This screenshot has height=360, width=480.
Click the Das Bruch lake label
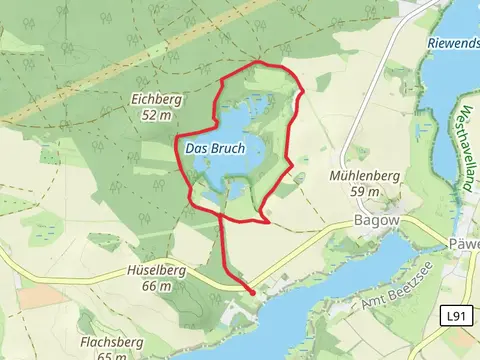[215, 149]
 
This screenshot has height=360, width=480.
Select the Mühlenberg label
[364, 176]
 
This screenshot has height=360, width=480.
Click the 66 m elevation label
[156, 286]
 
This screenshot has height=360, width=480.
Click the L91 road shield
[456, 315]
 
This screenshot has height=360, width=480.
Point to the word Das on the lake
[197, 149]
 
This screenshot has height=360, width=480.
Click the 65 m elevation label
[114, 355]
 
